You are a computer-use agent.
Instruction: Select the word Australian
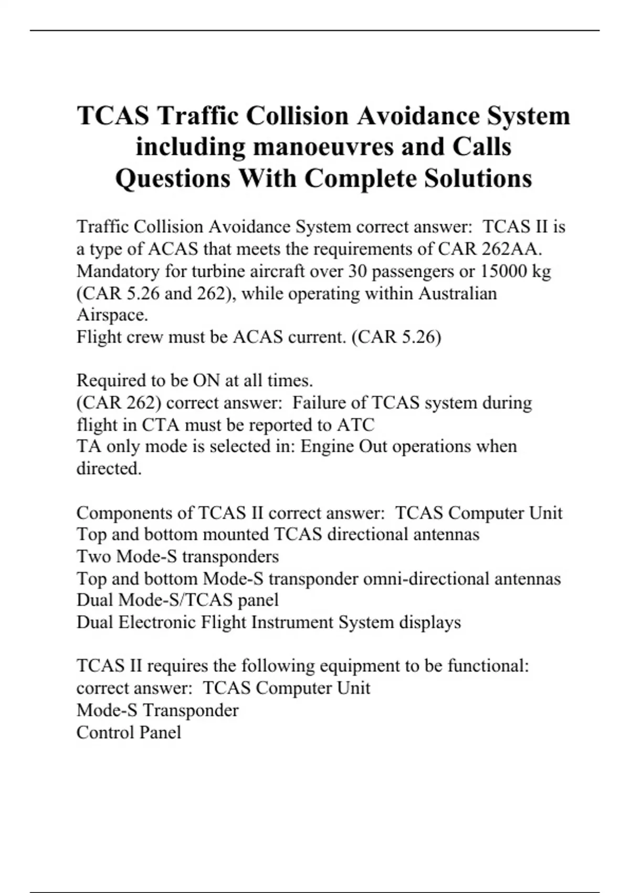tap(457, 293)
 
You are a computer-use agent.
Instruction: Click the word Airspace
tap(112, 315)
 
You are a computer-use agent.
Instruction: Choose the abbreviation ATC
tap(355, 424)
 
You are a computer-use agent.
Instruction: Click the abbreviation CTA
tap(160, 424)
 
